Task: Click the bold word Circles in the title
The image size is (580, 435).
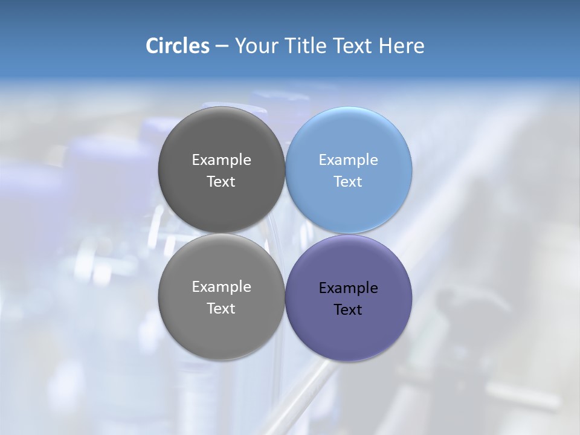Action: (x=177, y=46)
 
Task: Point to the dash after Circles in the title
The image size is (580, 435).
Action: (x=222, y=47)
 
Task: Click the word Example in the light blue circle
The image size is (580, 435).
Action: (x=349, y=160)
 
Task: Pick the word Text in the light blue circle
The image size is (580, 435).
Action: (x=348, y=182)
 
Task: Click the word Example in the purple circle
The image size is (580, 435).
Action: (x=349, y=288)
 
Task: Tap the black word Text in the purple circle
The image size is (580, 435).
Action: (x=348, y=310)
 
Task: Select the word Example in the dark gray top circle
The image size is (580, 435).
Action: (x=221, y=160)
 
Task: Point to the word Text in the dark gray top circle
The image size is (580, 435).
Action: (x=221, y=182)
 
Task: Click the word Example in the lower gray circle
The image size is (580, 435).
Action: (x=221, y=287)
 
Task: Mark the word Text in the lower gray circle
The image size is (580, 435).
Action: (x=221, y=309)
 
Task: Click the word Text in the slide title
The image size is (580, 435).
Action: (x=353, y=46)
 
